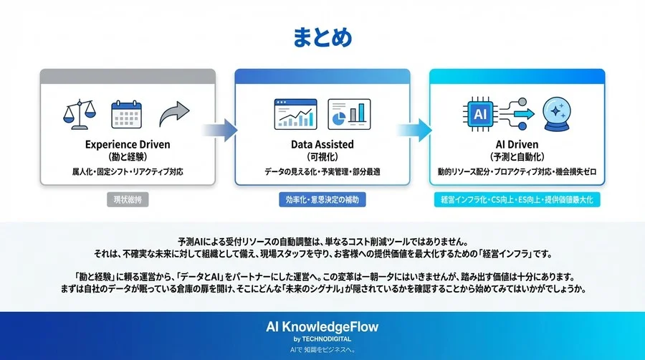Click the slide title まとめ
click(x=322, y=37)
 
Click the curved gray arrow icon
click(x=174, y=113)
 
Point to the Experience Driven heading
click(x=127, y=144)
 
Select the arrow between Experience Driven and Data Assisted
click(x=220, y=130)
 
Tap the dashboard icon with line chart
click(x=295, y=115)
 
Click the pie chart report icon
click(x=349, y=115)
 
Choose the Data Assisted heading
click(x=322, y=144)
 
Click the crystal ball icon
click(x=559, y=115)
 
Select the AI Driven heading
click(x=517, y=144)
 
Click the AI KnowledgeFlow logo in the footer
click(x=322, y=327)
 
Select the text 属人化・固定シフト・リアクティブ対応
click(x=127, y=172)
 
